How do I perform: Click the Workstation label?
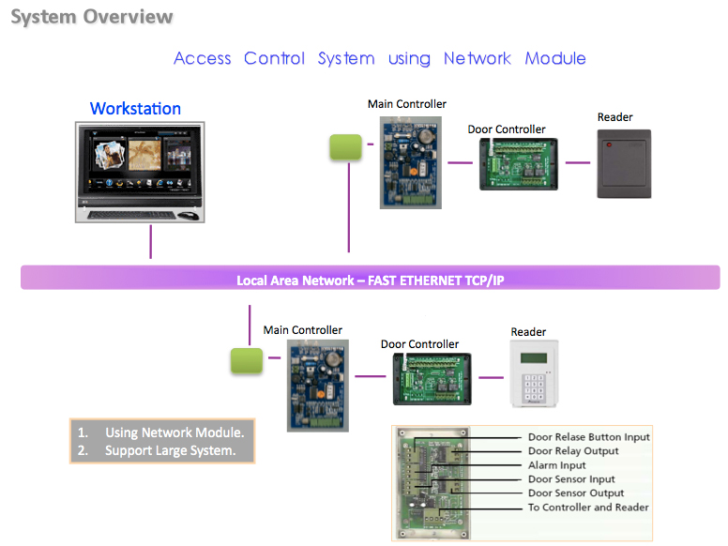coord(135,109)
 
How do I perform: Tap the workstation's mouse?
coord(189,216)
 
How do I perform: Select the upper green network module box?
coord(345,147)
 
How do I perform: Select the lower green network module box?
coord(247,361)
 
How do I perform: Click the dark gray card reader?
coord(624,164)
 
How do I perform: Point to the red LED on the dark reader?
coord(609,144)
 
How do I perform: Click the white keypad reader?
coord(534,373)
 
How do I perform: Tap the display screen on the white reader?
coord(534,358)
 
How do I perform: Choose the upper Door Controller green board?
coord(519,164)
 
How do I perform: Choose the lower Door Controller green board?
coord(432,379)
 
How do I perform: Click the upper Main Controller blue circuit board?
coord(410,162)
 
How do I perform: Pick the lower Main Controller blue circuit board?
coord(318,386)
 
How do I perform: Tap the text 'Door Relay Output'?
coord(573,451)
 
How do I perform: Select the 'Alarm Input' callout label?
coord(556,465)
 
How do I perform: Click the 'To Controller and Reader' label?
coord(588,508)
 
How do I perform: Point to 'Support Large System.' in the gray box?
coord(171,451)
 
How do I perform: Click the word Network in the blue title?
coord(478,58)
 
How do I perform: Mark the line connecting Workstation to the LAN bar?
coord(150,242)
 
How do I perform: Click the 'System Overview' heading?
coord(92,17)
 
